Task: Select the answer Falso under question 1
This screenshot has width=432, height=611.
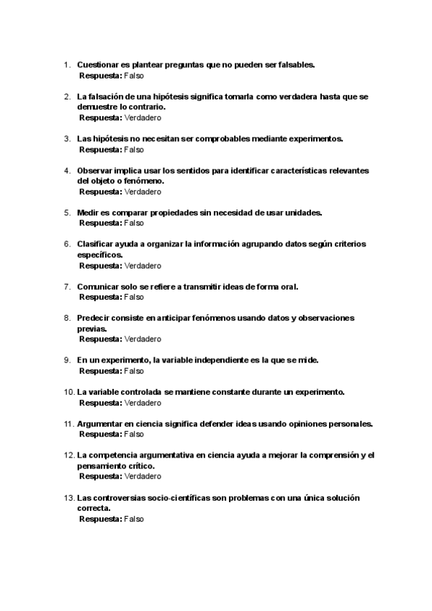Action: click(134, 75)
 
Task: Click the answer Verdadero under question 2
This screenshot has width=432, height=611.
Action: click(143, 117)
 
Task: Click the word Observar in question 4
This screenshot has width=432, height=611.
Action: click(96, 171)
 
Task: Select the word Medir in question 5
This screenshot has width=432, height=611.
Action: click(88, 213)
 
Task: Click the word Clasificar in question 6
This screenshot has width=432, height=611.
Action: click(98, 244)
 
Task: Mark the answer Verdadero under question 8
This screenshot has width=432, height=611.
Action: click(143, 339)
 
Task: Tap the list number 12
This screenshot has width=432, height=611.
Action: click(69, 455)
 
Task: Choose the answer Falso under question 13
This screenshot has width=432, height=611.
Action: click(134, 519)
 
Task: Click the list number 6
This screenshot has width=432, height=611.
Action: click(68, 244)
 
